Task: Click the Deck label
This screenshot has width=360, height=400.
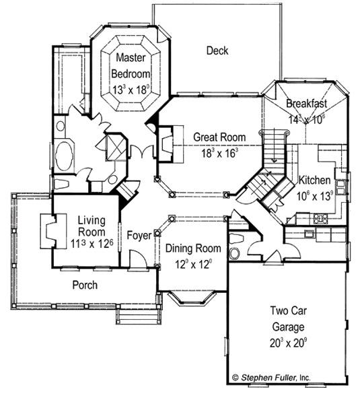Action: tap(217, 51)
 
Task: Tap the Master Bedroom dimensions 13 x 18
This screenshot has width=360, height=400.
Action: tap(131, 90)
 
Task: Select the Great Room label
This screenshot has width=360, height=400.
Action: tap(219, 137)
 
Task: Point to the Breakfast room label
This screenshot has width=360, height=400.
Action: tap(306, 103)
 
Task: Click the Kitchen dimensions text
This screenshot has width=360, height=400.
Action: tap(315, 196)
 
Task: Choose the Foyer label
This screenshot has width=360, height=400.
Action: tap(139, 235)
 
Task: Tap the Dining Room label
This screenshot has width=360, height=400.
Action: tap(193, 248)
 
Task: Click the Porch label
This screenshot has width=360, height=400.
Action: tap(85, 285)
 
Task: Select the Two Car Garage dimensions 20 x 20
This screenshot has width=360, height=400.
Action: tap(289, 343)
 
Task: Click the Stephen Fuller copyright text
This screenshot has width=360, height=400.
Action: tap(272, 377)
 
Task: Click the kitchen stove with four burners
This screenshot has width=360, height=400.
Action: tap(321, 218)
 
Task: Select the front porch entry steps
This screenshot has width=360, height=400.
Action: tap(139, 316)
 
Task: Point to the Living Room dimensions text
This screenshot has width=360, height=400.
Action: tap(92, 244)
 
